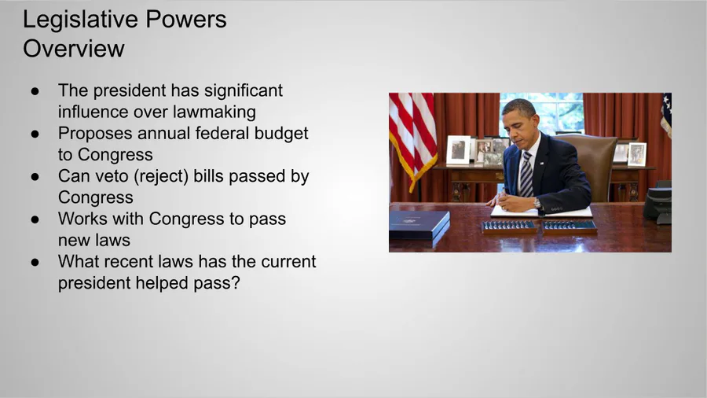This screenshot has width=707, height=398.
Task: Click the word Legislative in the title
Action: (79, 20)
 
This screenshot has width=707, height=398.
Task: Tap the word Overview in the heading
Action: (74, 49)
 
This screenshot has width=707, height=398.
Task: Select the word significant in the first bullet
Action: (243, 90)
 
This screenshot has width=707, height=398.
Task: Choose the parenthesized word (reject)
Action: (160, 176)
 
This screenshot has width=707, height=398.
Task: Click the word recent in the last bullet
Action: (126, 262)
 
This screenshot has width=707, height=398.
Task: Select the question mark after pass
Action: (236, 283)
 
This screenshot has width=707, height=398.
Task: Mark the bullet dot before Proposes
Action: (35, 134)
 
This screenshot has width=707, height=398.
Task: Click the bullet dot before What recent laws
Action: (35, 262)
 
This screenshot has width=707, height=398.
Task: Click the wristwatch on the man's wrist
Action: (537, 203)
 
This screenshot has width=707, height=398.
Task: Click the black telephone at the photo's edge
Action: (658, 203)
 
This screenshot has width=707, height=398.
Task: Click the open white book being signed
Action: (541, 211)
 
